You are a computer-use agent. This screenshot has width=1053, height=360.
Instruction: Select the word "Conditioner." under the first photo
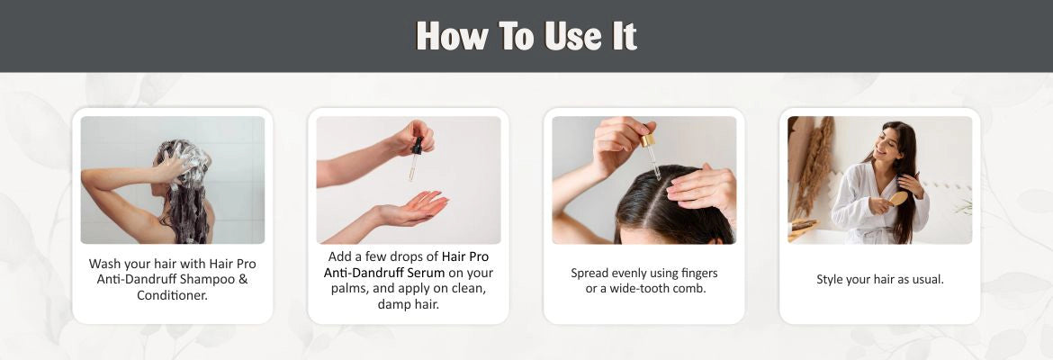(x=173, y=295)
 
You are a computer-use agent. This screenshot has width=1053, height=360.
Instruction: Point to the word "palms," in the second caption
(x=351, y=290)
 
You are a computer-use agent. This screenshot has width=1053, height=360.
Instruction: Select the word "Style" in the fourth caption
(x=830, y=279)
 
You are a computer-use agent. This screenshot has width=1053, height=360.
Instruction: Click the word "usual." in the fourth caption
(x=927, y=279)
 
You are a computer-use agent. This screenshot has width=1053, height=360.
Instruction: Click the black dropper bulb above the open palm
(x=418, y=144)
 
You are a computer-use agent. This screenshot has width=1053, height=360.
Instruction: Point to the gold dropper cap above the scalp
(x=647, y=140)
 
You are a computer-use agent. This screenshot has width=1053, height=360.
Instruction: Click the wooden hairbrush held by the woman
(x=898, y=199)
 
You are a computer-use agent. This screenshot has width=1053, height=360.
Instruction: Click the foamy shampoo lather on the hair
(x=191, y=160)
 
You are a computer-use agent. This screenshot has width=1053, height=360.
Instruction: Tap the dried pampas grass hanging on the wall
(x=814, y=165)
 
